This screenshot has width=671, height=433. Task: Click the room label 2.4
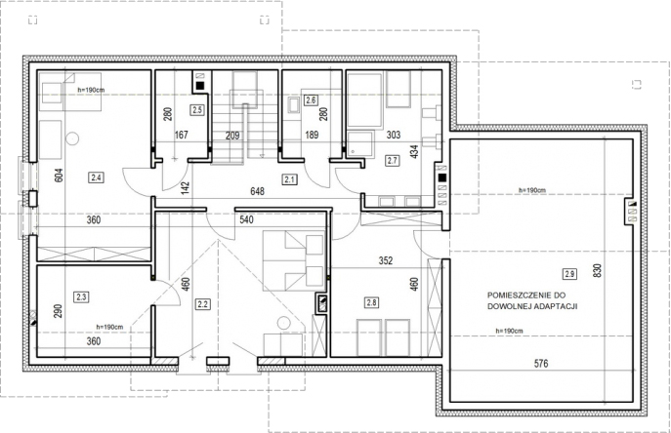96,177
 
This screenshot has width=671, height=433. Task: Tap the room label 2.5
197,110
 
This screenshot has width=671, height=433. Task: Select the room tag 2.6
311,100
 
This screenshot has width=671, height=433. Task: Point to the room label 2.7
392,161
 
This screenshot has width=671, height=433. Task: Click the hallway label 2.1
290,179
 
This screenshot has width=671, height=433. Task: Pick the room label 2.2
202,304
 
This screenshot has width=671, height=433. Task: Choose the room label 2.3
81,296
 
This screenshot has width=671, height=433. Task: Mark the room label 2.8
371,302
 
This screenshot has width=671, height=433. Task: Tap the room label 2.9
569,274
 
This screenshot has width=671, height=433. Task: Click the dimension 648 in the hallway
257,191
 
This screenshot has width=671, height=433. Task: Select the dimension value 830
598,270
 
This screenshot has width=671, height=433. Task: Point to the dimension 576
541,364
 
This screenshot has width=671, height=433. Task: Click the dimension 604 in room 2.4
59,176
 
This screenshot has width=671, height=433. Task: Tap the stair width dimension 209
232,136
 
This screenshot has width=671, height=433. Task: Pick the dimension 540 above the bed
246,219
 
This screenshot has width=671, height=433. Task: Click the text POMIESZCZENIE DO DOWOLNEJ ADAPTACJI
532,300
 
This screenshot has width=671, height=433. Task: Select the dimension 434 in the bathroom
414,152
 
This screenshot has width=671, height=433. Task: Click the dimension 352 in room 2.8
386,260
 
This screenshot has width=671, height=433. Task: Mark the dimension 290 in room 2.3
58,311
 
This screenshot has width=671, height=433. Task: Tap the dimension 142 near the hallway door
185,188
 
